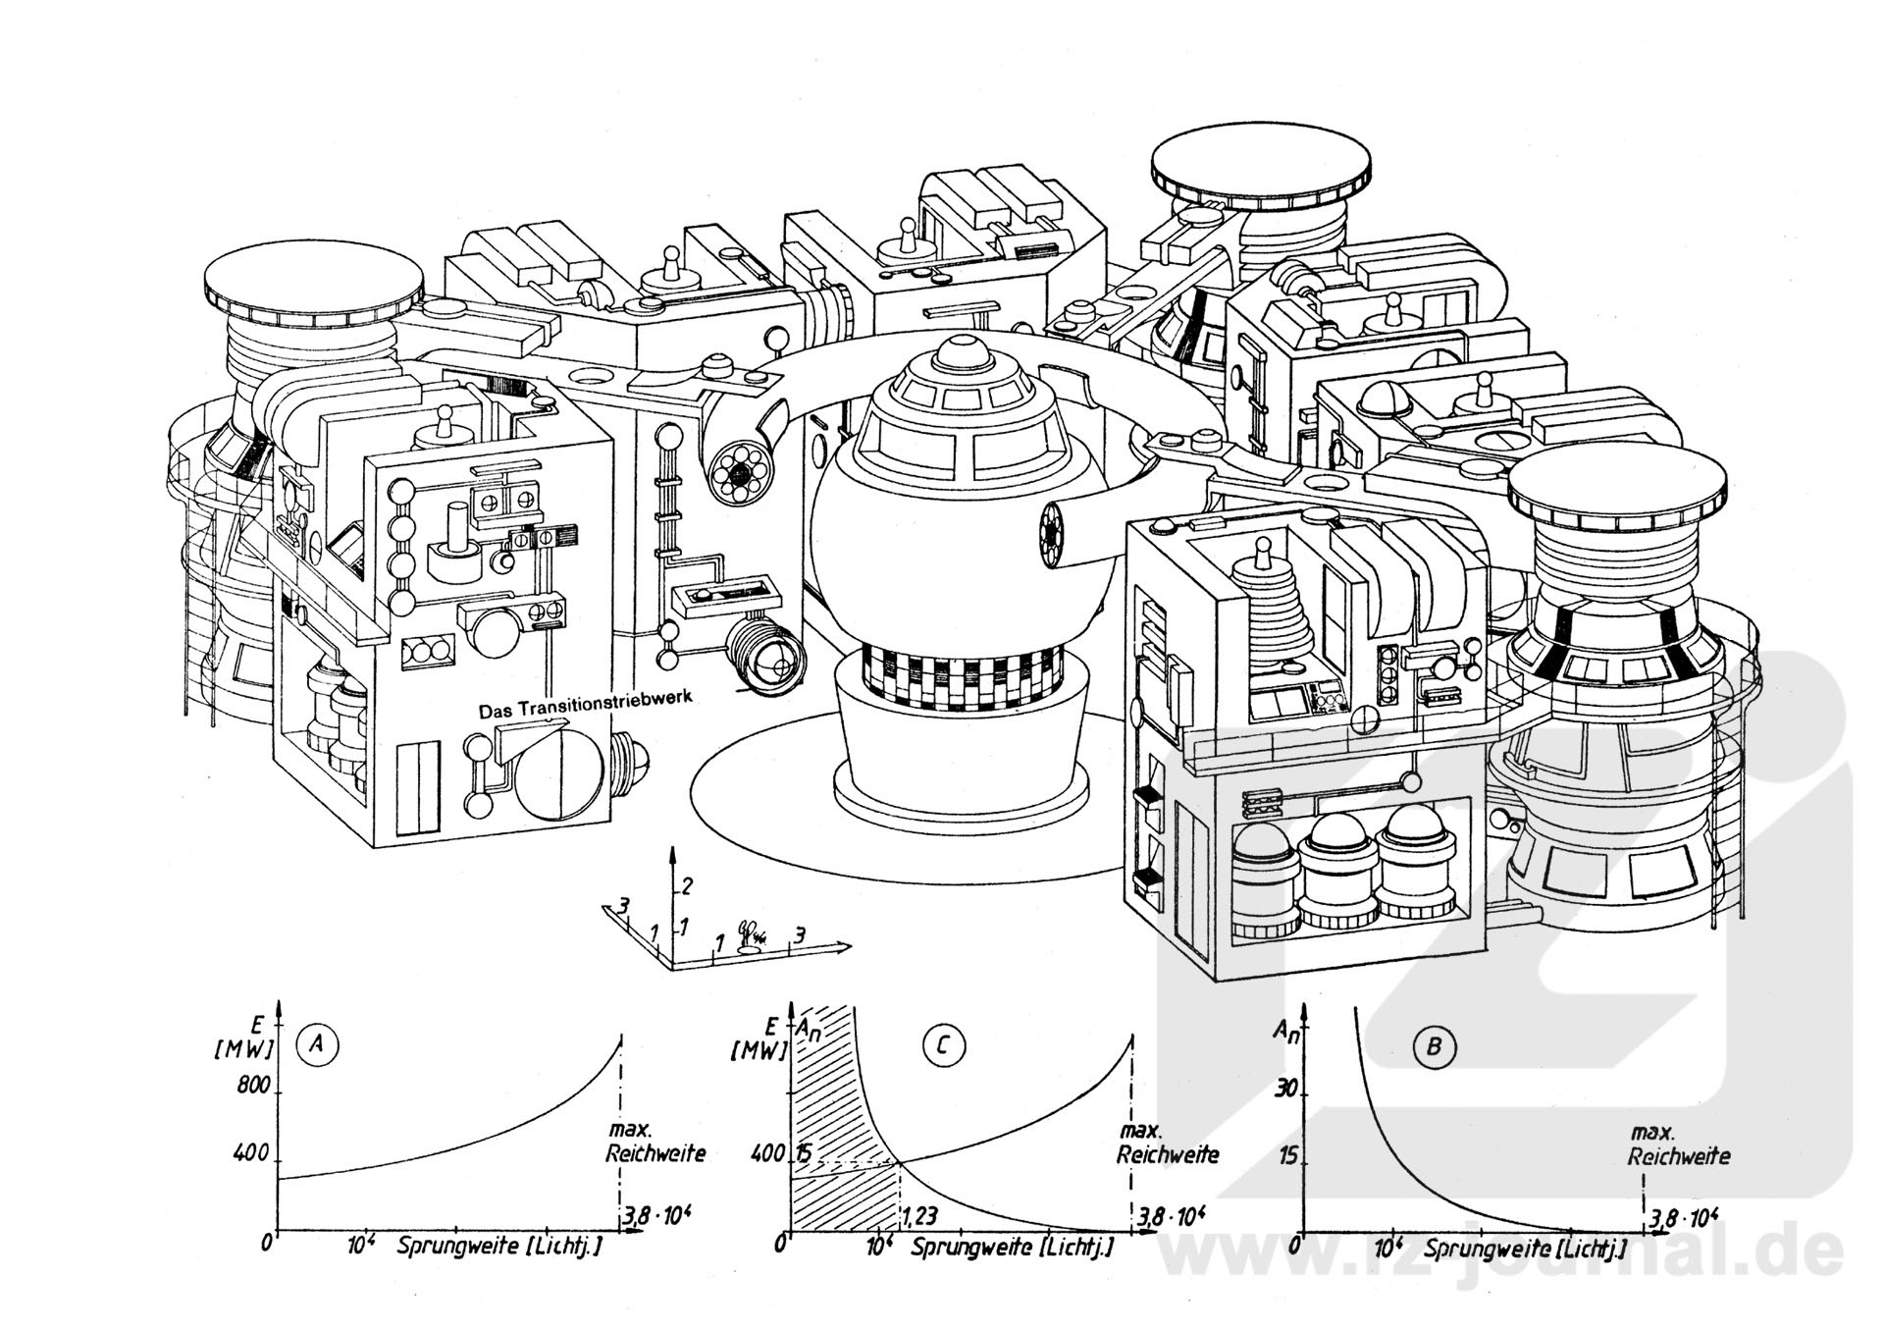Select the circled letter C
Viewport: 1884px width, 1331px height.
point(944,1046)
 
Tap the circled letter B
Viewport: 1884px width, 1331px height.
point(1434,1046)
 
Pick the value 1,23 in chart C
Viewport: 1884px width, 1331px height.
point(918,1217)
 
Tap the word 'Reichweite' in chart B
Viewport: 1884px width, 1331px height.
point(1679,1156)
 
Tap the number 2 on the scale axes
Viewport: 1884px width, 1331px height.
point(687,886)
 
